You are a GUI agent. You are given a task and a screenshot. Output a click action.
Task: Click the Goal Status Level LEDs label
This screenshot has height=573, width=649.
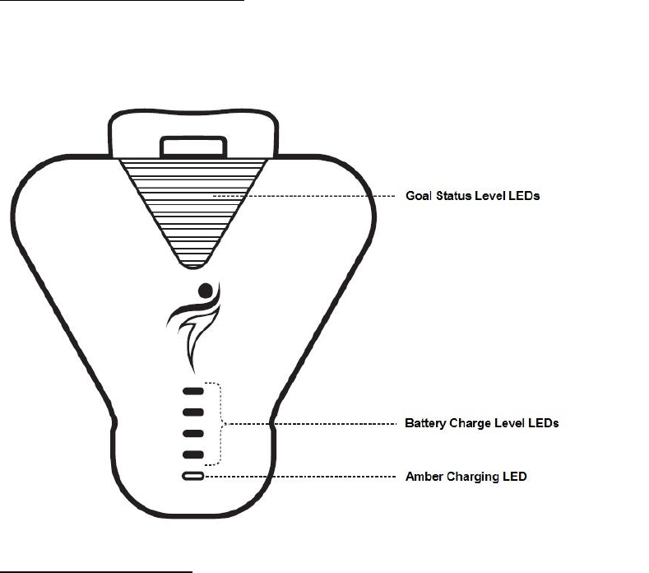[472, 196]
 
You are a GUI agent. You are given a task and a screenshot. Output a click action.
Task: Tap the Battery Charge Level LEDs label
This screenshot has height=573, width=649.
[481, 423]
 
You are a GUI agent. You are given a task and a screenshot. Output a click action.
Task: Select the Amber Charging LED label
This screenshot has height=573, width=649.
[466, 477]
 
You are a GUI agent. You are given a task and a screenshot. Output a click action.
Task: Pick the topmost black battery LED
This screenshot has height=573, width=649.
[192, 391]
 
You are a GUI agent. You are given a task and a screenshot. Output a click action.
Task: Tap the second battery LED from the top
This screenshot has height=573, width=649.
[192, 412]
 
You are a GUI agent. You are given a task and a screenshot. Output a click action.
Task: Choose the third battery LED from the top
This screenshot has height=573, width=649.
[192, 433]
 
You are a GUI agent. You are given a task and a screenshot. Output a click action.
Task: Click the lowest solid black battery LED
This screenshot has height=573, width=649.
[192, 454]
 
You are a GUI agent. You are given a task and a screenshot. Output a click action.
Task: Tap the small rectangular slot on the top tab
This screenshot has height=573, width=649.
[193, 147]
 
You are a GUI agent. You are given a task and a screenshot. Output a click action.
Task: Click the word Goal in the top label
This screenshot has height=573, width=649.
[420, 196]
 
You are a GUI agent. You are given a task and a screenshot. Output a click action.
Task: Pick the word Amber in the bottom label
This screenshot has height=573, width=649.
[423, 477]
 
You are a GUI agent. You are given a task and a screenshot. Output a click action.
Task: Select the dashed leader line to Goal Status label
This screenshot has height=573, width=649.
[304, 196]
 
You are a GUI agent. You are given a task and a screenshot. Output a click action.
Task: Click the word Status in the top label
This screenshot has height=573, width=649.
[457, 196]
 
